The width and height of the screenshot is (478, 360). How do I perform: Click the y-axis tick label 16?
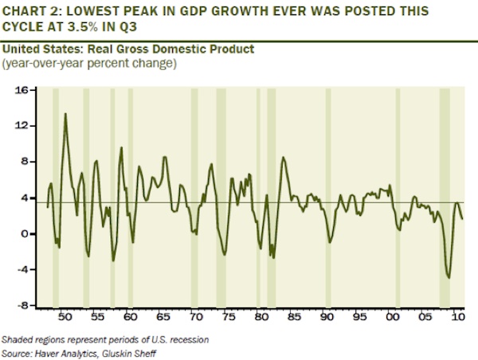[x=22, y=90]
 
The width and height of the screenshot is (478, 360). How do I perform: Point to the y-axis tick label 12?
[x=22, y=126]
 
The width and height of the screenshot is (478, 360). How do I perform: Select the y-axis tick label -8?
[x=23, y=305]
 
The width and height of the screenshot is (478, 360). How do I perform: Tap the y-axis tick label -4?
[x=23, y=269]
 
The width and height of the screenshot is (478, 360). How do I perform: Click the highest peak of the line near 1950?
[x=65, y=114]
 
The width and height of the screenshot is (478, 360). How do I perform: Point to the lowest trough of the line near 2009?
[x=449, y=278]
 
